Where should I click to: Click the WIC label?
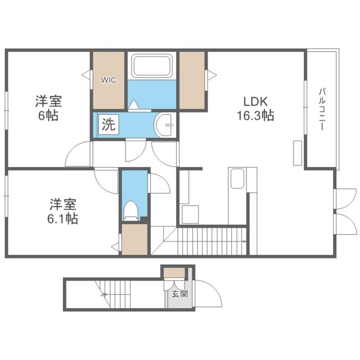[x=108, y=80]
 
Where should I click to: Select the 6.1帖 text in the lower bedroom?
[x=62, y=218]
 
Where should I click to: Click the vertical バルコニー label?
[x=322, y=110]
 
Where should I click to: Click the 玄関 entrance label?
[x=175, y=294]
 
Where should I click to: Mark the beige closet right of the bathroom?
[x=192, y=80]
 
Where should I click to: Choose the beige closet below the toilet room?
[x=134, y=238]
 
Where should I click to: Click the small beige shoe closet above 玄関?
[x=174, y=273]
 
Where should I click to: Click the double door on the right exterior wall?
[x=345, y=210]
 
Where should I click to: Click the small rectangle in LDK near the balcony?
[x=297, y=153]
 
